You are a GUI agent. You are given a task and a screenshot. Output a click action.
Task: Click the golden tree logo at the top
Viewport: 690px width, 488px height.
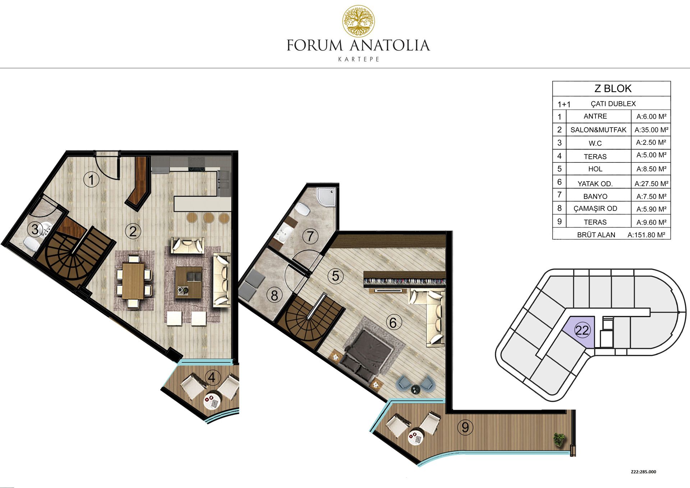[358, 21]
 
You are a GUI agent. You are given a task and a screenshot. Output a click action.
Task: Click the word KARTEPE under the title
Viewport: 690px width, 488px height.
[359, 59]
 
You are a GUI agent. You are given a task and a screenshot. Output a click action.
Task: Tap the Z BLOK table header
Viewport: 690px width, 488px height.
[613, 88]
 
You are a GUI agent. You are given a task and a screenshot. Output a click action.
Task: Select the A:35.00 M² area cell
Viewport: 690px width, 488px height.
[651, 130]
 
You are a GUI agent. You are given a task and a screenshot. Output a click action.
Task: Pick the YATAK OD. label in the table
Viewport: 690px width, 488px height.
[595, 184]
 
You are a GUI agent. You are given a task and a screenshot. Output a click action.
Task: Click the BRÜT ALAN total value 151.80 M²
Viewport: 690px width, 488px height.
[646, 235]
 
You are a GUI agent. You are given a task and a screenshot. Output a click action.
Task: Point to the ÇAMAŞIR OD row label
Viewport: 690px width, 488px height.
[595, 208]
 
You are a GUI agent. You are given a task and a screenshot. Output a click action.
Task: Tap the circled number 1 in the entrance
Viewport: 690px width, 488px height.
[91, 179]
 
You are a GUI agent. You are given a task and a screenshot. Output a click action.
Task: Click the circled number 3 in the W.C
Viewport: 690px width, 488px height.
[35, 229]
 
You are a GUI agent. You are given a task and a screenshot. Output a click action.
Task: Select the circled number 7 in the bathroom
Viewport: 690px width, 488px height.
[310, 236]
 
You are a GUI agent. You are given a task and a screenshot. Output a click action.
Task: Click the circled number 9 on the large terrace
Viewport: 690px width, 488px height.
[465, 427]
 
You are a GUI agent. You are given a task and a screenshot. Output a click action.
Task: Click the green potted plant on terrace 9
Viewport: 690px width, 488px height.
[559, 439]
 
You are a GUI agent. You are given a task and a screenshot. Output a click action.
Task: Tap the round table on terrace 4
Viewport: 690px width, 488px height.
[212, 402]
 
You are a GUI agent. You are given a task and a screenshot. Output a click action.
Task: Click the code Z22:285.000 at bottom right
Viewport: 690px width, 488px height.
[643, 472]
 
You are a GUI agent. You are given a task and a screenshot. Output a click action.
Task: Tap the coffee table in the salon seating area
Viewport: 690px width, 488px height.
[189, 282]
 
